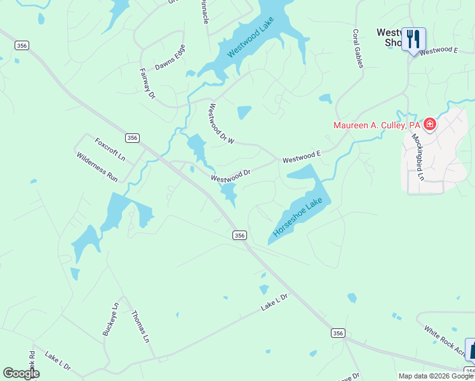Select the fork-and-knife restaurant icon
(413, 39)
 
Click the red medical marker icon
(430, 124)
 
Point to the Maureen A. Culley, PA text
(377, 125)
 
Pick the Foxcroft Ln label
(110, 149)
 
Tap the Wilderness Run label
(97, 167)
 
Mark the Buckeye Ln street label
(110, 319)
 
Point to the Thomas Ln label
(140, 326)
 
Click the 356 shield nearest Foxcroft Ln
(132, 138)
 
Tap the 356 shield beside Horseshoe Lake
(239, 235)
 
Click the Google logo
(21, 373)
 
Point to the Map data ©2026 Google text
(436, 376)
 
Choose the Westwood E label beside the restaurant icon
(439, 50)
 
